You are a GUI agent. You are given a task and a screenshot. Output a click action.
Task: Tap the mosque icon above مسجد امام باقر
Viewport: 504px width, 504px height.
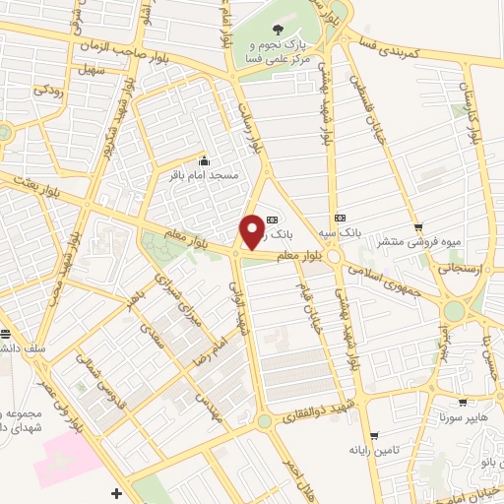[x=204, y=161]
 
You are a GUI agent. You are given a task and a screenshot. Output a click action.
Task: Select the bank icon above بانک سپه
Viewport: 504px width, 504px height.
[x=340, y=218]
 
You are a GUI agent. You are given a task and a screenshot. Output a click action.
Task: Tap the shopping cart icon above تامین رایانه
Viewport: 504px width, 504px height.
[x=374, y=435]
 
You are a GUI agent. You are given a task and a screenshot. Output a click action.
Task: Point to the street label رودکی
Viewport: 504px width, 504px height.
[x=51, y=90]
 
